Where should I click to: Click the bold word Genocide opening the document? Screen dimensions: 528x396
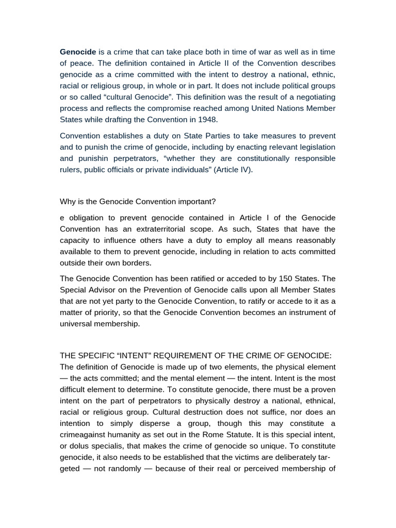78,52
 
